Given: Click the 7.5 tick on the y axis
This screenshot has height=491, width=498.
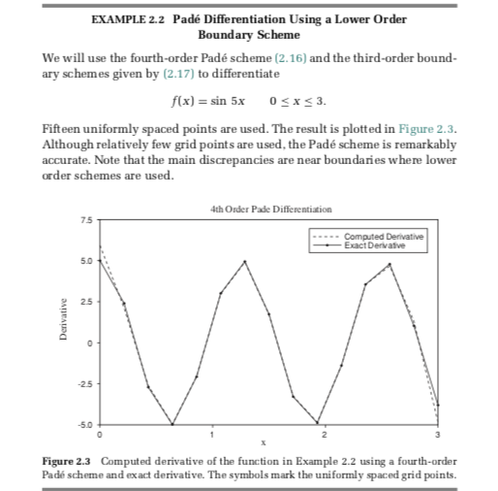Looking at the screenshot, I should [84, 219].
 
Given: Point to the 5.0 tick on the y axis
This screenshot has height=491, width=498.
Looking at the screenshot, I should [84, 260].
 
